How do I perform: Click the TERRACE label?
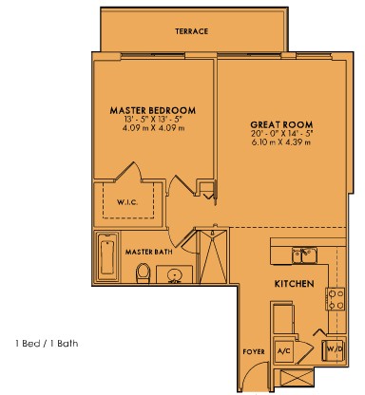click(192, 31)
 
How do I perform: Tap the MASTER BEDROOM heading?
click(153, 110)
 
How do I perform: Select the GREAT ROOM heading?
click(281, 124)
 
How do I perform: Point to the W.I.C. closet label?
click(127, 202)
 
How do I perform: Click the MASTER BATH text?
click(149, 252)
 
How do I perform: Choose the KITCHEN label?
click(294, 284)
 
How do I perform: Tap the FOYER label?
click(254, 351)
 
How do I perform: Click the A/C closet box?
click(284, 351)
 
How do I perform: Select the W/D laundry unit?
click(334, 350)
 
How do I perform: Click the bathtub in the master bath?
click(107, 257)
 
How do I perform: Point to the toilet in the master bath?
click(143, 273)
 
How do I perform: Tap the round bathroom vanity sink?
click(174, 275)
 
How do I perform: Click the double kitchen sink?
click(304, 255)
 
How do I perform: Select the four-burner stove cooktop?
click(336, 299)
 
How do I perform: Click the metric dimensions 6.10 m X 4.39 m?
click(281, 142)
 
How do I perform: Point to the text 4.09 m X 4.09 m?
click(153, 128)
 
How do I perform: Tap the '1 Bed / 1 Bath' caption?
click(47, 344)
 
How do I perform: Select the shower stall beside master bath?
click(212, 256)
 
